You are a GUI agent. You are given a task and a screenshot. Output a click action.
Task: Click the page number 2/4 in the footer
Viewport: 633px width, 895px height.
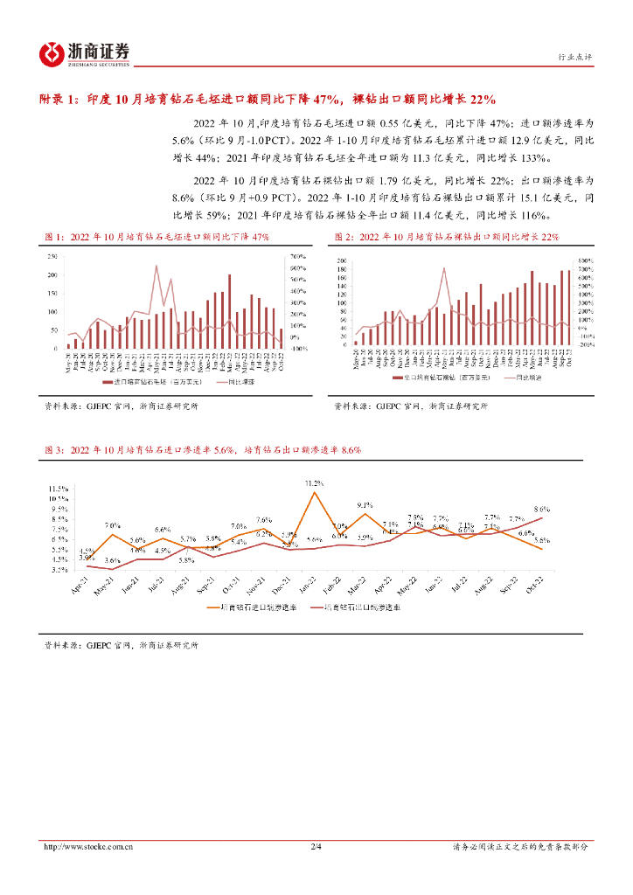[x=316, y=846]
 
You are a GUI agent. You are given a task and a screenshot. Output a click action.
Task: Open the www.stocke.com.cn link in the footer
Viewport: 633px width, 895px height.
[x=88, y=846]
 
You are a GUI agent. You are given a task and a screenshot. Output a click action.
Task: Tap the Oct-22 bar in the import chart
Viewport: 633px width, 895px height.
[x=281, y=339]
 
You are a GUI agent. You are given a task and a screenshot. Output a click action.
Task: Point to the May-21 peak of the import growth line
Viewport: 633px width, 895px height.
[x=157, y=266]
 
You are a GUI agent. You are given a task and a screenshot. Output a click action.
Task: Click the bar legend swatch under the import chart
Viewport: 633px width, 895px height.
[x=108, y=382]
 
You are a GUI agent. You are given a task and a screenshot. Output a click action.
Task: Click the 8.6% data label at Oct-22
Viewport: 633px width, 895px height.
[x=542, y=509]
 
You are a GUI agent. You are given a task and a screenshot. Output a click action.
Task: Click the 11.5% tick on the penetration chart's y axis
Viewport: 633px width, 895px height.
[x=59, y=489]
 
